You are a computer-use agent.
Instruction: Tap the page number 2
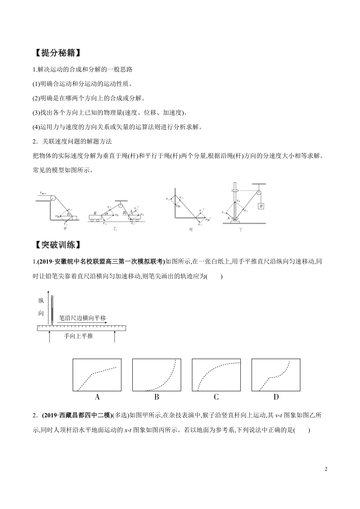tap(326, 469)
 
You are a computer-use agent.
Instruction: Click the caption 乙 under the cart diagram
tap(115, 229)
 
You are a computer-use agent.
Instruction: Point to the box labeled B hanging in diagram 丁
tap(261, 206)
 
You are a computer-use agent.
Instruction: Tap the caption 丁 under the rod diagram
tap(240, 230)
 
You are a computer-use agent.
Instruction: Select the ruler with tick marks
tap(81, 328)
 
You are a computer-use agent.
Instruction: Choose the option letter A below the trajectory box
tap(97, 397)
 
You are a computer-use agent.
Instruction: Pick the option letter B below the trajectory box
tap(157, 397)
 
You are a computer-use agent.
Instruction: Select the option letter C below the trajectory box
tap(216, 397)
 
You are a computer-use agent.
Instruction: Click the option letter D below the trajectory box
tap(276, 397)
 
